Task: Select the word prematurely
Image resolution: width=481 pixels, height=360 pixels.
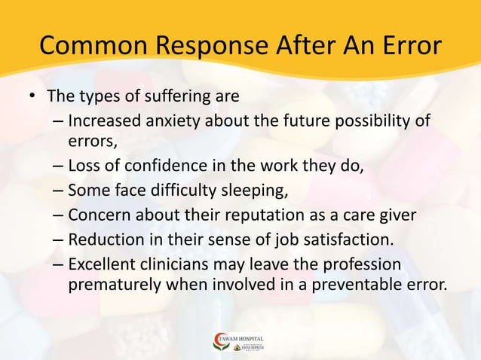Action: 112,285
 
